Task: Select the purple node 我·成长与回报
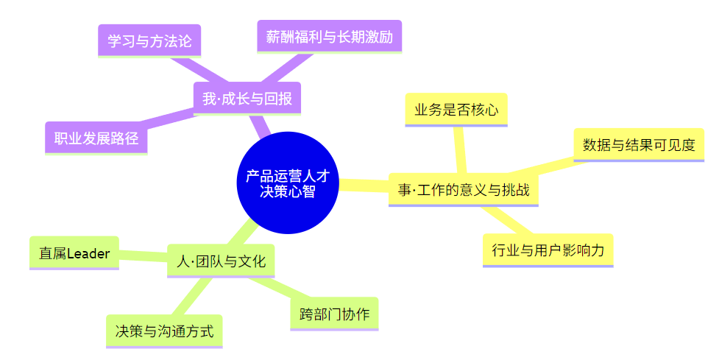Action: tap(247, 99)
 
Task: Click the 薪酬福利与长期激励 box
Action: tap(329, 36)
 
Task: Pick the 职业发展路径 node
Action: tap(96, 138)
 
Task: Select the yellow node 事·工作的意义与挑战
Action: tap(463, 191)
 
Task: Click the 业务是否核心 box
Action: tap(456, 110)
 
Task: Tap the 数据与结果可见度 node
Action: tap(638, 145)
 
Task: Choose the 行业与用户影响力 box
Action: tap(548, 250)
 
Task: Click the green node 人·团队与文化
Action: tap(221, 261)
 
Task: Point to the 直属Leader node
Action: tap(74, 253)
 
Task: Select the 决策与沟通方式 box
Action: tap(164, 331)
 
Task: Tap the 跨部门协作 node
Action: tap(334, 314)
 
